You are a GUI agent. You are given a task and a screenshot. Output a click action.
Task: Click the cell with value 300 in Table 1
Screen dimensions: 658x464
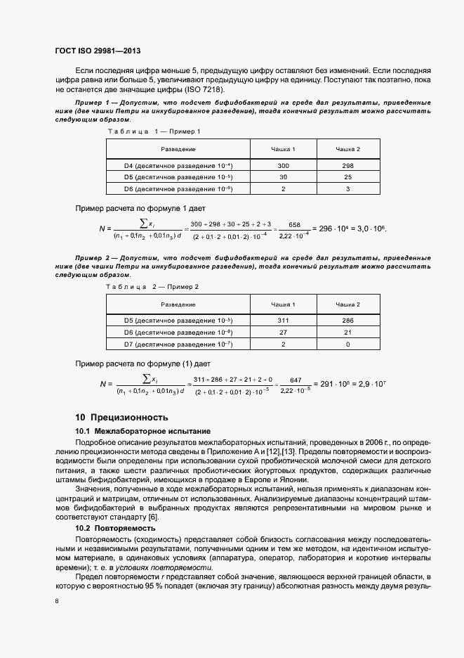tap(283, 165)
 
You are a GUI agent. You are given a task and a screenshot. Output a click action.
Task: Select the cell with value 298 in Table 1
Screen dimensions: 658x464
tap(347, 165)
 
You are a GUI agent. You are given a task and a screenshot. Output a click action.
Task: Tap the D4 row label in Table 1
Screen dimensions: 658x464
tap(178, 165)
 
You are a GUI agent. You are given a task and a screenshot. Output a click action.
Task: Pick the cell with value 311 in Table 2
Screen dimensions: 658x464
tap(283, 320)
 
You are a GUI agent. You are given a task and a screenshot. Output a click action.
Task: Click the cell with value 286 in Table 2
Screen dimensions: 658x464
tap(347, 320)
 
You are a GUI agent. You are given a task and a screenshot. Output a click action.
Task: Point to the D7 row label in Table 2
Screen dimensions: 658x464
tap(178, 344)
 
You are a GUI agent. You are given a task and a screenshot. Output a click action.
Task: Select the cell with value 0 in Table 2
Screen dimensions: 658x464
tap(347, 344)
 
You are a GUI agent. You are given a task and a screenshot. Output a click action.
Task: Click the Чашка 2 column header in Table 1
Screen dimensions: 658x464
tap(347, 149)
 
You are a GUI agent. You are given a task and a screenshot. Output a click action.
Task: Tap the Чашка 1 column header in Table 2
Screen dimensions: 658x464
tap(283, 304)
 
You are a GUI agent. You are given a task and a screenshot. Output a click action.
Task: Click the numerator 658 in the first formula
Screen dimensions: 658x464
tap(295, 224)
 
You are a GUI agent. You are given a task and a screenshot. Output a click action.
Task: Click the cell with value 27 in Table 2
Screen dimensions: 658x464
tap(283, 332)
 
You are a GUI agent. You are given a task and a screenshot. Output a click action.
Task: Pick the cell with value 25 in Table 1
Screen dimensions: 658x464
tap(347, 177)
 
